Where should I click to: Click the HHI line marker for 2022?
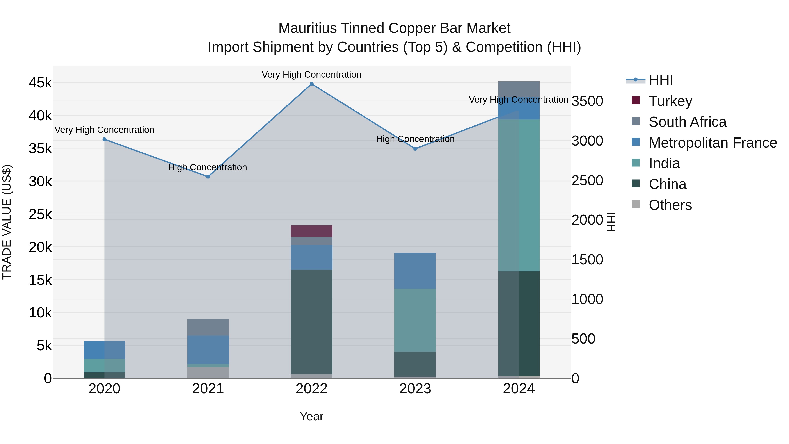(311, 84)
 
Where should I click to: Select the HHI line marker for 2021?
(208, 177)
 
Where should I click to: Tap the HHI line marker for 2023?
(415, 149)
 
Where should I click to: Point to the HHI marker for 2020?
(105, 139)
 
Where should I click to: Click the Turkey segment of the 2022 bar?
(311, 231)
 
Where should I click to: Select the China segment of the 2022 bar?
(311, 322)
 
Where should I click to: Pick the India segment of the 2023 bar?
(415, 320)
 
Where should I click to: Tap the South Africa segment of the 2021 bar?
(208, 328)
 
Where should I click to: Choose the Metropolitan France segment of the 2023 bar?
(415, 271)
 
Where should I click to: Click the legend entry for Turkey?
(670, 101)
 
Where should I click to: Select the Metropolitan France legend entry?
(713, 143)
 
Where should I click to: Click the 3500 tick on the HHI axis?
(587, 101)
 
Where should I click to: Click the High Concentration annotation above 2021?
(208, 167)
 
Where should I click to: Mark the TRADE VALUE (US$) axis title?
(7, 222)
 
